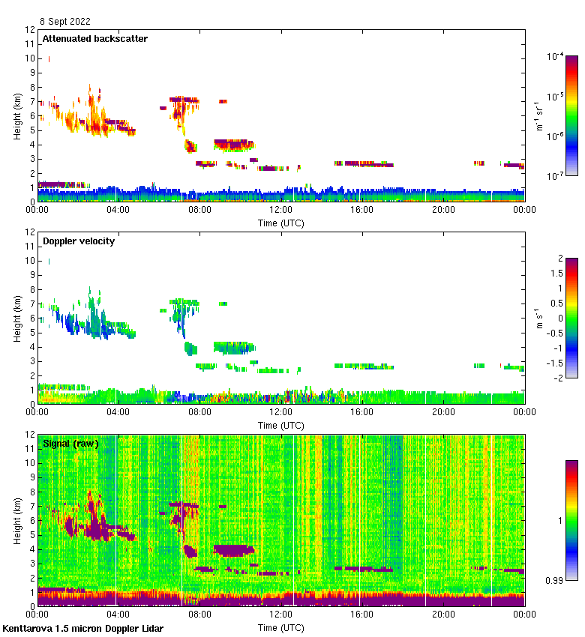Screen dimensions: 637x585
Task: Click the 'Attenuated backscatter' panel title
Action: [x=94, y=38]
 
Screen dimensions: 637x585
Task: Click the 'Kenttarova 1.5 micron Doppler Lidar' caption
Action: [x=82, y=628]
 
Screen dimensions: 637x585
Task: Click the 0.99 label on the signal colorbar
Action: [x=554, y=580]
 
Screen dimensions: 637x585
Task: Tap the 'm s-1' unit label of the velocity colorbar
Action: [x=538, y=318]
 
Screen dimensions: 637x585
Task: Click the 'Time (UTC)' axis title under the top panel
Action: [x=281, y=223]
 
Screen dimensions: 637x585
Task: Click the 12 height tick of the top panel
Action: [x=31, y=30]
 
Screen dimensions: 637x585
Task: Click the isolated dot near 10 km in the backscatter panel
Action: [x=49, y=58]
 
